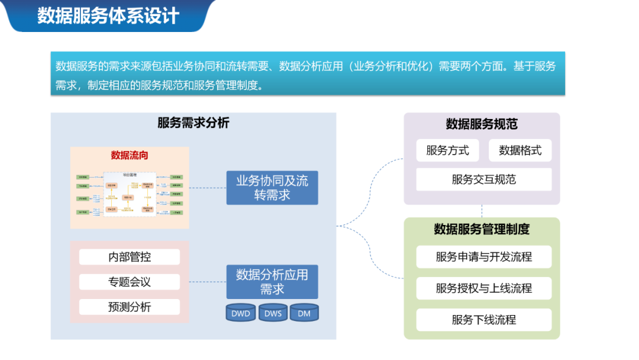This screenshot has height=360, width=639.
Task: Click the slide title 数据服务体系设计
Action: [108, 15]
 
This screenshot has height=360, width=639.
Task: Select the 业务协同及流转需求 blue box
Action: [272, 188]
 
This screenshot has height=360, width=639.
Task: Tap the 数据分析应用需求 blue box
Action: [272, 282]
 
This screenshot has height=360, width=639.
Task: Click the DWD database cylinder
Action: [241, 313]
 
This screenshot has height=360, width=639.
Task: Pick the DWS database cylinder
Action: [273, 313]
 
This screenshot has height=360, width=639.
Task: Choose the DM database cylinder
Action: [304, 313]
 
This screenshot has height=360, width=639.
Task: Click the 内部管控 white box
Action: [130, 257]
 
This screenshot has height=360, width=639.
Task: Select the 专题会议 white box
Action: [130, 282]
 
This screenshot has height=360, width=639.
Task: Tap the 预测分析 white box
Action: [130, 307]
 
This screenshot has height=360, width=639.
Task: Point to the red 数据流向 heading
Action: [130, 155]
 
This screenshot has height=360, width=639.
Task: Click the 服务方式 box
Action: [447, 150]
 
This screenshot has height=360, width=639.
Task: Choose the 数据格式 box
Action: [520, 150]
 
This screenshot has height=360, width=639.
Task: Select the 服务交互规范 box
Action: [483, 179]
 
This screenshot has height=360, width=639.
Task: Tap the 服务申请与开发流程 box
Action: [483, 257]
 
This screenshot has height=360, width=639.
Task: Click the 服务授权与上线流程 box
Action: [483, 288]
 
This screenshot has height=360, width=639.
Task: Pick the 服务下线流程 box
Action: [483, 320]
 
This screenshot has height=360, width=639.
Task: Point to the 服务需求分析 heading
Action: [193, 123]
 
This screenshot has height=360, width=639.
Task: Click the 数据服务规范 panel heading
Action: [482, 124]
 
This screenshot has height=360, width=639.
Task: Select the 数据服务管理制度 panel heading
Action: [482, 229]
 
